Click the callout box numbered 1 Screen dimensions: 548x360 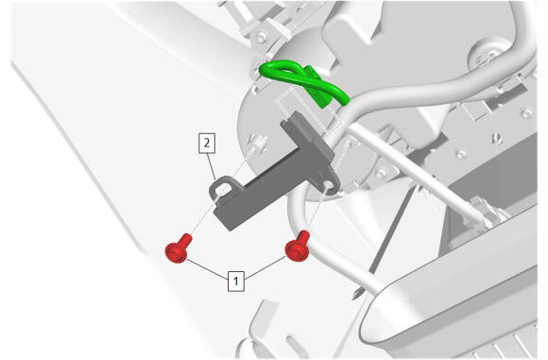[236, 281]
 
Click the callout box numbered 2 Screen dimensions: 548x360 [207, 143]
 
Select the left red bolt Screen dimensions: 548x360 [179, 249]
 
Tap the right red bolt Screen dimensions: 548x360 [298, 247]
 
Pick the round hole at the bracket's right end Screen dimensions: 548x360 [328, 184]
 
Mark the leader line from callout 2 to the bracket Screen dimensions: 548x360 [211, 166]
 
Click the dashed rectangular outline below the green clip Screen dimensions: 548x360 [308, 111]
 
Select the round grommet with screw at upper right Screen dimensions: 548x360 [488, 54]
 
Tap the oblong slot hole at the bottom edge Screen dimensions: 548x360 [293, 344]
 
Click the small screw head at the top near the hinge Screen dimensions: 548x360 [262, 37]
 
